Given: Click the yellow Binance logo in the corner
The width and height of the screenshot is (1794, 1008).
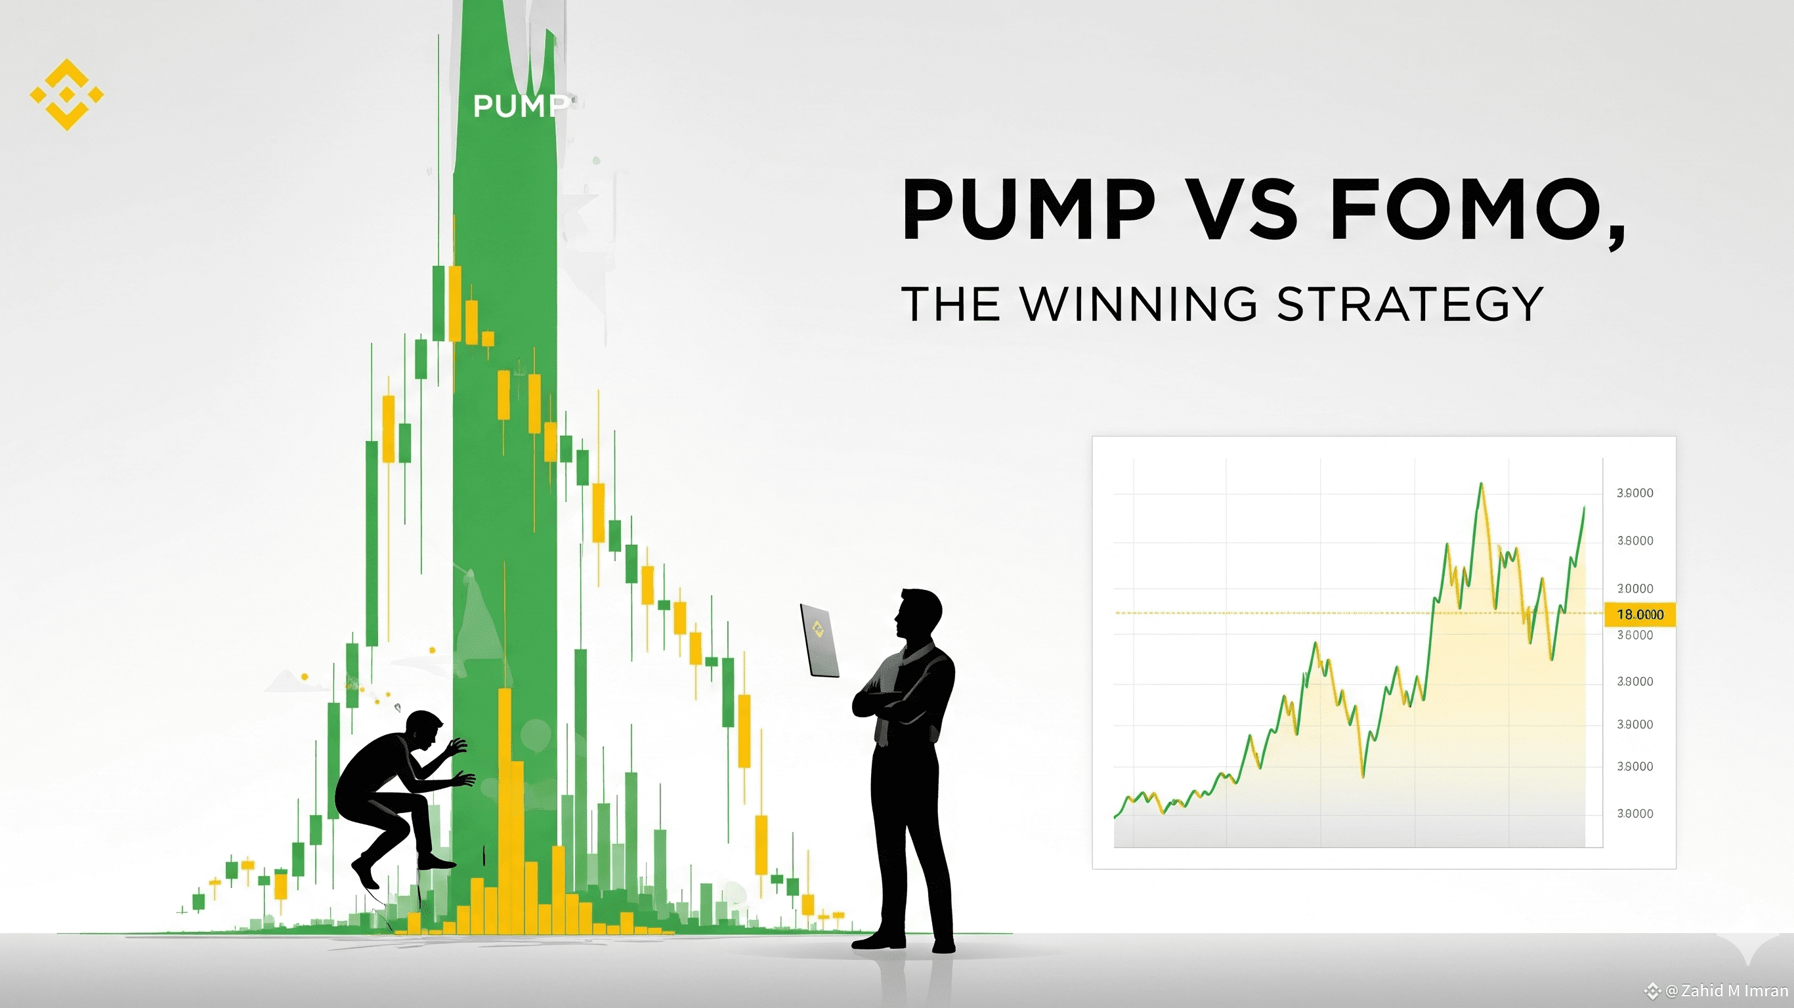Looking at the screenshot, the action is point(67,94).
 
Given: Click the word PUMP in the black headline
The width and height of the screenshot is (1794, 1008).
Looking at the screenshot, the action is point(1029,209).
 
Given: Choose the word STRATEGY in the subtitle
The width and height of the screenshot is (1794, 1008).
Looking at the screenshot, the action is point(1410,304).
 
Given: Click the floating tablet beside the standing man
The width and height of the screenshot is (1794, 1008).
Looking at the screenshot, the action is point(820,640).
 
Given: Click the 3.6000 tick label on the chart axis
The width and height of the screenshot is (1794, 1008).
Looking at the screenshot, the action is point(1634,635).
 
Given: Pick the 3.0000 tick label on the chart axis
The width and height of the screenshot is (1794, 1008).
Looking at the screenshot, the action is point(1634,588).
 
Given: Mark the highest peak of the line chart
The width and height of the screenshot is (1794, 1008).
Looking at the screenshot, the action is point(1481,483).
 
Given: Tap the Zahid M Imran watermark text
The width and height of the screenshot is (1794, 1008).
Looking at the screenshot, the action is point(1726,990).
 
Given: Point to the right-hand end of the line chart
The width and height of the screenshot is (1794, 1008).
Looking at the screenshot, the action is point(1585,507).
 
